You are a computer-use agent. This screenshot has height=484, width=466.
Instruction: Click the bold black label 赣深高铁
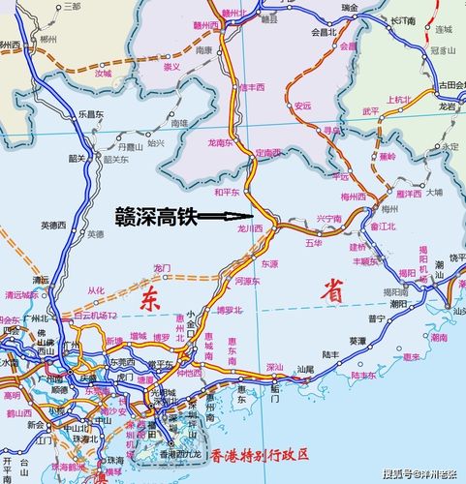pyautogui.click(x=156, y=216)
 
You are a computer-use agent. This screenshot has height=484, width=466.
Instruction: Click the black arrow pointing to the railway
pyautogui.click(x=224, y=217)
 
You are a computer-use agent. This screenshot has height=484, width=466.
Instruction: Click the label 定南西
pyautogui.click(x=267, y=153)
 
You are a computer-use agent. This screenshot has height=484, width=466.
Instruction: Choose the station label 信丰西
pyautogui.click(x=252, y=87)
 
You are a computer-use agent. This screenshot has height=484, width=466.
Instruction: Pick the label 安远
pyautogui.click(x=303, y=106)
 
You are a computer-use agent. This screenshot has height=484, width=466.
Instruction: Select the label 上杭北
pyautogui.click(x=398, y=99)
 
